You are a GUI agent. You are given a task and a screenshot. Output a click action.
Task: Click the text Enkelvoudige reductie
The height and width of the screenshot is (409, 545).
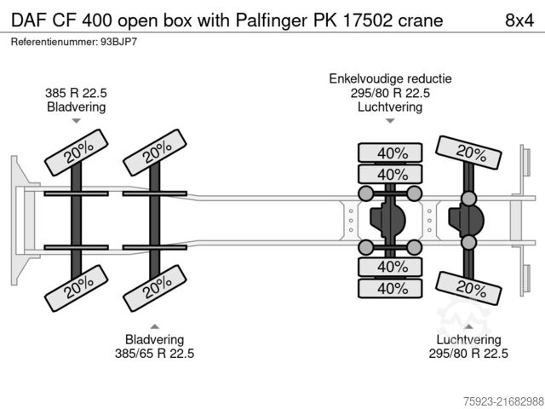391,79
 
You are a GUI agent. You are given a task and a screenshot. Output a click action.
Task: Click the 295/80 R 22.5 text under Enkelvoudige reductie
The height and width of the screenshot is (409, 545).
391,94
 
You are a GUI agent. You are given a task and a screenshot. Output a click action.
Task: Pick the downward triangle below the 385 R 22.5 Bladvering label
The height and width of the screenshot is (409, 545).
76,122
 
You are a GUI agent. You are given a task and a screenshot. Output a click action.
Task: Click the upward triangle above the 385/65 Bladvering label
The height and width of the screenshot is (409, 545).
154,326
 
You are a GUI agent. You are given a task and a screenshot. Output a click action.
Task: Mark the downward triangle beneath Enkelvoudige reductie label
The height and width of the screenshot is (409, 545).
391,121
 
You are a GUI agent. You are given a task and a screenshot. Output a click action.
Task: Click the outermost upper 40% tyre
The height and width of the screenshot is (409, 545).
391,153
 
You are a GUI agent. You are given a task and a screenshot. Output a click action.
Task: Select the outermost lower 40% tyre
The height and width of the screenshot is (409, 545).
391,288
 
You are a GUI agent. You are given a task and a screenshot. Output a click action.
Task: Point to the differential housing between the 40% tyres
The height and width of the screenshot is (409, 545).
391,221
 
